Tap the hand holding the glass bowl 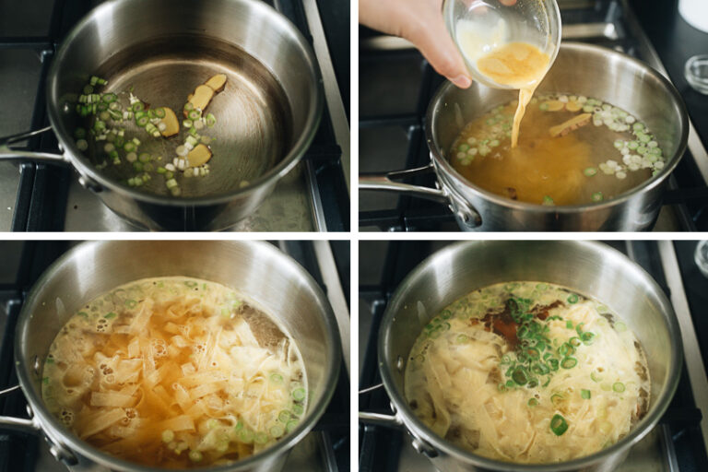415,32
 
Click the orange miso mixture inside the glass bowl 514,63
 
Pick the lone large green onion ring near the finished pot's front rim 559,424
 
